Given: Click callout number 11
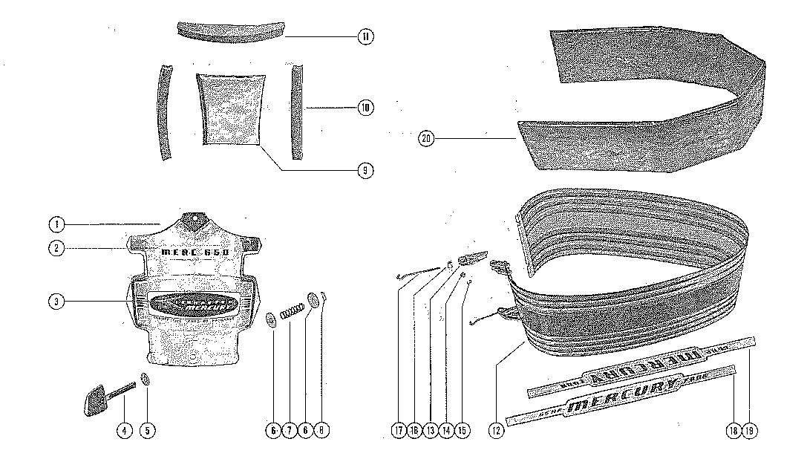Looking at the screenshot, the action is click(365, 36).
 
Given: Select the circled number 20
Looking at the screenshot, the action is click(426, 138).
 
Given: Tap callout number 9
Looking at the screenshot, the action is click(365, 171).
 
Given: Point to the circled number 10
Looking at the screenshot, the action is click(365, 108).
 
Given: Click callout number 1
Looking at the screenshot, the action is click(56, 224).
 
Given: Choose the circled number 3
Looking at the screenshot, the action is click(56, 302).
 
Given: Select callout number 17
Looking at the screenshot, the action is click(399, 429).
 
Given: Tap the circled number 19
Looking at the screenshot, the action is click(752, 429).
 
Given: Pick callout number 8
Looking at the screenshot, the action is click(323, 429).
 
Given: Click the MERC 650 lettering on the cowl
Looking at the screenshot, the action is click(195, 253).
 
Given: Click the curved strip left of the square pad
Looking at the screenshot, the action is click(164, 111).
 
